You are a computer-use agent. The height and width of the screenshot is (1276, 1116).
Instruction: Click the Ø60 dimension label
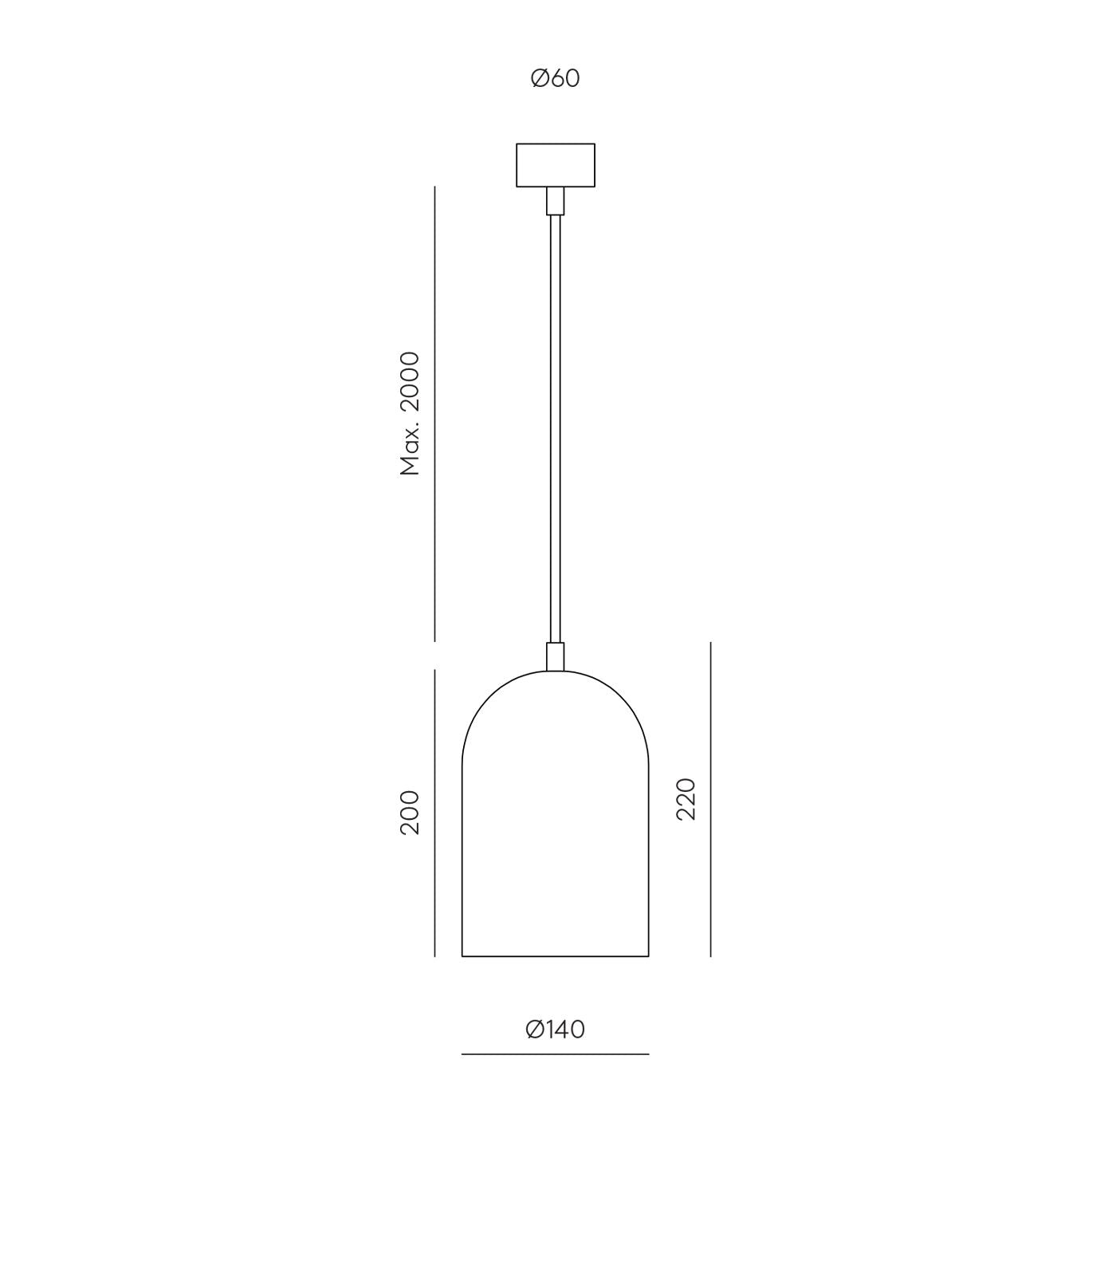click(x=556, y=78)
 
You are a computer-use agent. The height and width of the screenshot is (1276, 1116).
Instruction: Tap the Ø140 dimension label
click(x=556, y=1030)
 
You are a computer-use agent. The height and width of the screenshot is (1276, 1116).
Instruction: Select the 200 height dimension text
click(x=410, y=813)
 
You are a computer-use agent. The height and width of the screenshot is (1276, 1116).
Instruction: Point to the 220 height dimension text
click(x=686, y=799)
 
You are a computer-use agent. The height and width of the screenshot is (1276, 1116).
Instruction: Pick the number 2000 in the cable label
click(x=410, y=381)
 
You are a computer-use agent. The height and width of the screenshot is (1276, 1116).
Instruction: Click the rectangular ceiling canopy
click(x=556, y=165)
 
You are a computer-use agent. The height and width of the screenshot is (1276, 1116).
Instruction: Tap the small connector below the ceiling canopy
click(x=556, y=201)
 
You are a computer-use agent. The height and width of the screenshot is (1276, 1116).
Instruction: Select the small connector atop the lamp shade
click(x=556, y=656)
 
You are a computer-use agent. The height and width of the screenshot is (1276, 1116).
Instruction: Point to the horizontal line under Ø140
click(x=556, y=1054)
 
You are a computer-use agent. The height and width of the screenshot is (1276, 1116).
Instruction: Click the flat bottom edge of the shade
click(x=556, y=956)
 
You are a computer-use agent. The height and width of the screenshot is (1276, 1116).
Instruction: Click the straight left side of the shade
click(x=462, y=861)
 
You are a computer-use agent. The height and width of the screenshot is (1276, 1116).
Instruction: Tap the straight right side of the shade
click(x=649, y=861)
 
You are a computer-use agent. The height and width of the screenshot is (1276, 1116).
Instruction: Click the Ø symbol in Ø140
click(x=535, y=1030)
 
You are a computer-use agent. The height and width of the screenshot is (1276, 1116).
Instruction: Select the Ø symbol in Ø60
click(x=540, y=78)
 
